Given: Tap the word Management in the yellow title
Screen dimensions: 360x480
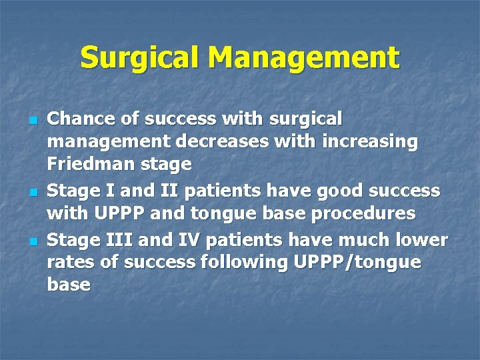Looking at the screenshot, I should [303, 58].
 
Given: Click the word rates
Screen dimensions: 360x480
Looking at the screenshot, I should [71, 262].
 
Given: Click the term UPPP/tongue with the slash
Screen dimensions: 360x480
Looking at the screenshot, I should [357, 262].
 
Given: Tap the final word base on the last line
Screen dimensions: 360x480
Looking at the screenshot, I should [69, 285].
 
